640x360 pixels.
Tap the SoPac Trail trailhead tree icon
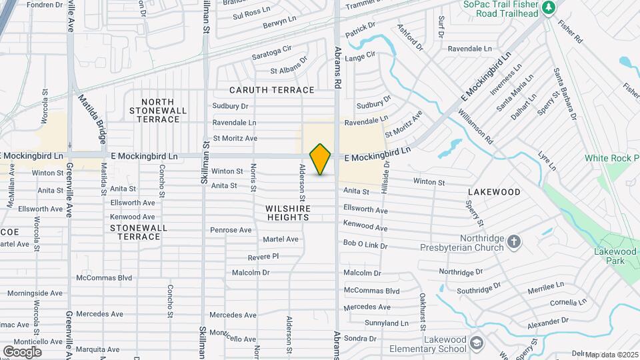click(548, 7)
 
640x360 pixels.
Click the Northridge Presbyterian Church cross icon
click(514, 242)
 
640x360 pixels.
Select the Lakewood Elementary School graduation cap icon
click(476, 343)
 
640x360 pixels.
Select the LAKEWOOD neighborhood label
click(494, 192)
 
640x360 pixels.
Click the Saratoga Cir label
click(272, 53)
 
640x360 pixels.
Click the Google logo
click(22, 351)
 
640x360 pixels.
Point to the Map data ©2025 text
click(611, 355)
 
